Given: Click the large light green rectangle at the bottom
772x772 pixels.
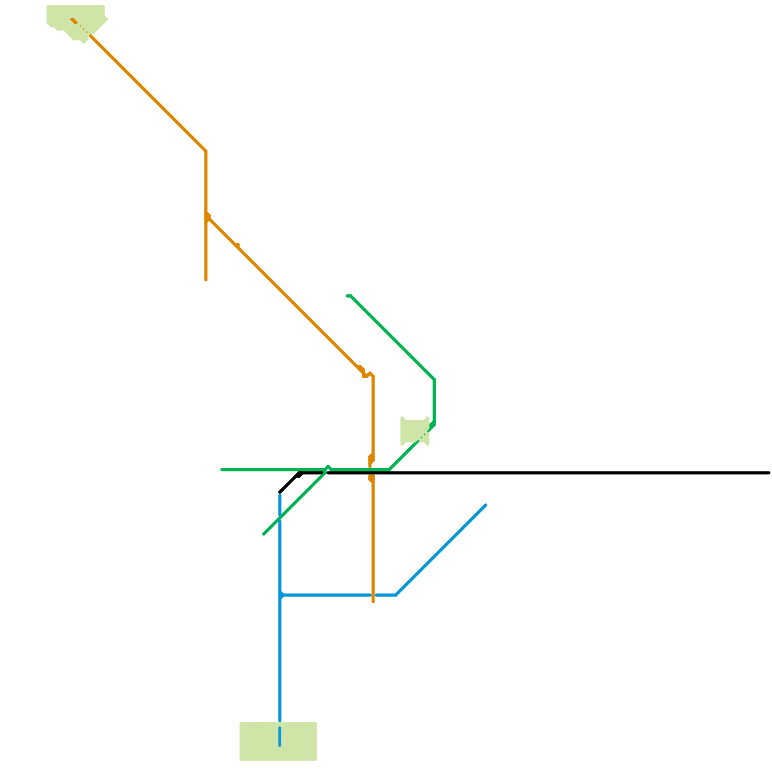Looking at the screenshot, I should coord(278,741).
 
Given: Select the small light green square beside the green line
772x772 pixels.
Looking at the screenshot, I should coord(414,431).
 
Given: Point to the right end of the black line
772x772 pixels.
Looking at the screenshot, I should coord(769,473).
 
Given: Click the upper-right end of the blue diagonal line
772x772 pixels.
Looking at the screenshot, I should coord(485,505).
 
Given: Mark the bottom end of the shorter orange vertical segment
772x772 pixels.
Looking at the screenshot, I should coord(206,280).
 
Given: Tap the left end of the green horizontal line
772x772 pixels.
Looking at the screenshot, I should coord(221,469).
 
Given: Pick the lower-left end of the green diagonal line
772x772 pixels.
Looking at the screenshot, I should coord(263,534).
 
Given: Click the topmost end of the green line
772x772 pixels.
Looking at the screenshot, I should coord(347,296).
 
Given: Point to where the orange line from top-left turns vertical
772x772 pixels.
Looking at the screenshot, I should coord(206,152).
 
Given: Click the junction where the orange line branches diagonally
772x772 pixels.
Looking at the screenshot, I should coord(207,217).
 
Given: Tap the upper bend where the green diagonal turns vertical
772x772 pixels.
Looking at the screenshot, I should coord(434,380).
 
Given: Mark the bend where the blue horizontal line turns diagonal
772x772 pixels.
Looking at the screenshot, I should coord(396,595).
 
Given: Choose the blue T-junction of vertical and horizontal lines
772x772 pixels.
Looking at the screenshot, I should coord(280,595).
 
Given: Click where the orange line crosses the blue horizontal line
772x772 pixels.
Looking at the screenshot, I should coord(373,595).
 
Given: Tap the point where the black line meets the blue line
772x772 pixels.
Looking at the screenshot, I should coord(280,493).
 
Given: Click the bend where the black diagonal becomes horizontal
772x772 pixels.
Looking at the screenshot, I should coord(299,473).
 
